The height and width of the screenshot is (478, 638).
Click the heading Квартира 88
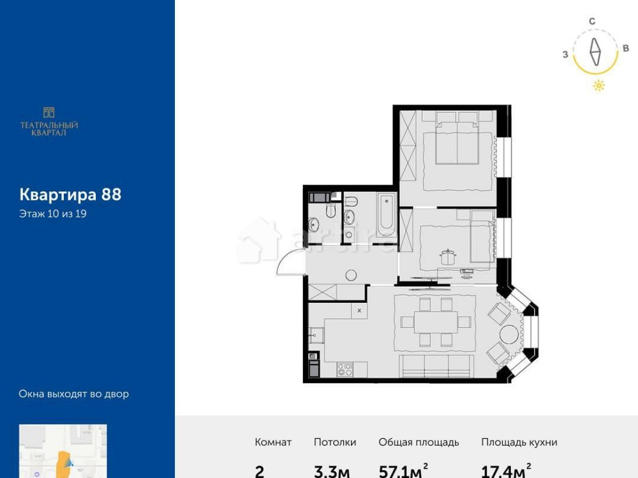[70, 194]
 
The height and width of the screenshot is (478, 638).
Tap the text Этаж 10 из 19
[53, 214]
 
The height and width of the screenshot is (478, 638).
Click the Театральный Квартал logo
[49, 120]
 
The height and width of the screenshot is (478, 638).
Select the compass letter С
[592, 21]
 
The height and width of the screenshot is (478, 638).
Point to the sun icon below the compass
[598, 86]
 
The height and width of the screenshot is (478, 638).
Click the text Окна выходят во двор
[74, 394]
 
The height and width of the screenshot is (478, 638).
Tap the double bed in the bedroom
[457, 143]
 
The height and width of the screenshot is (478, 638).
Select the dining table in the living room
[435, 322]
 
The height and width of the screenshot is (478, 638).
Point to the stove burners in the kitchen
[345, 368]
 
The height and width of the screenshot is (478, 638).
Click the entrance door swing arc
[287, 261]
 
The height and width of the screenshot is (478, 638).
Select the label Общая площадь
[419, 442]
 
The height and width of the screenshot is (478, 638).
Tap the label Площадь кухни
[519, 442]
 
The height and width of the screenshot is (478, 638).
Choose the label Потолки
[335, 442]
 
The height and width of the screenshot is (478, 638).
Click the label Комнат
[273, 442]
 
